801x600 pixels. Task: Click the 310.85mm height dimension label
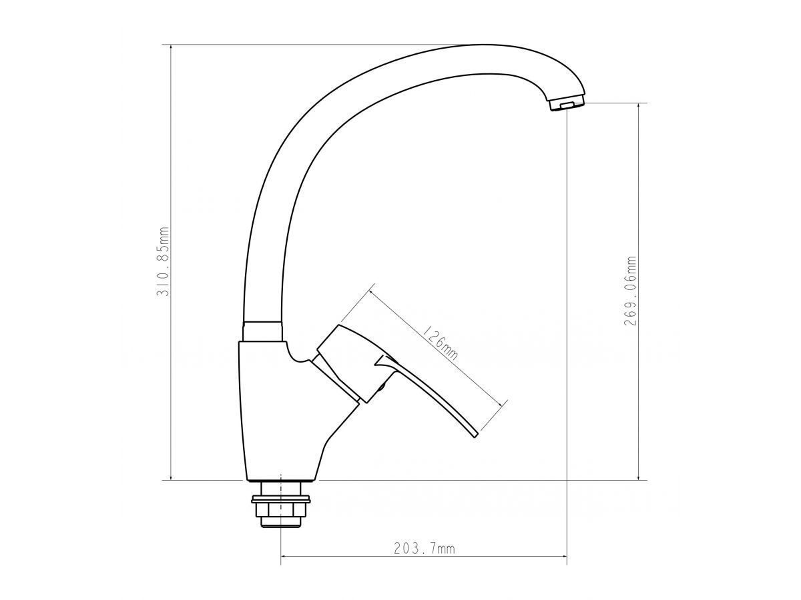pos(163,261)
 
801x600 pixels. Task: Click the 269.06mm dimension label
pos(629,291)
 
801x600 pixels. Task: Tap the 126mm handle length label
pos(439,343)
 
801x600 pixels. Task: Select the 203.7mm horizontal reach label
pos(425,559)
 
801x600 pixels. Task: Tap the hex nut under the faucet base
pos(280,509)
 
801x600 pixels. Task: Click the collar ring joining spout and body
pos(263,331)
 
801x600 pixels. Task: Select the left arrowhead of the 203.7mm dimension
pos(284,567)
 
